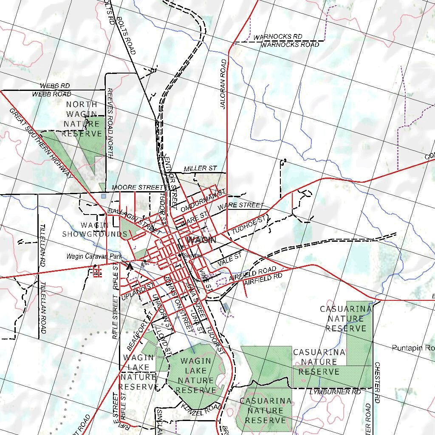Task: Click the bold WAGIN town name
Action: point(201,240)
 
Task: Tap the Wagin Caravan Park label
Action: point(94,257)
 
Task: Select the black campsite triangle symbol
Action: point(130,266)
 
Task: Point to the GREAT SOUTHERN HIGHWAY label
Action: point(41,143)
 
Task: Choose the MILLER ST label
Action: point(201,169)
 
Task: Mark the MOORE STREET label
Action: point(137,187)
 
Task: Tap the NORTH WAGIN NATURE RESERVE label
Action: point(82,119)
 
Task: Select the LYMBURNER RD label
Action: point(335,392)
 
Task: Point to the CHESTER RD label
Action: point(377,382)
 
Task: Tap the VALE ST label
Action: point(229,260)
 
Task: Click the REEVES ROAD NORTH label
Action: point(110,124)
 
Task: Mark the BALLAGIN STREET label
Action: point(134,219)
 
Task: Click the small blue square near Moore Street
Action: point(104,196)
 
